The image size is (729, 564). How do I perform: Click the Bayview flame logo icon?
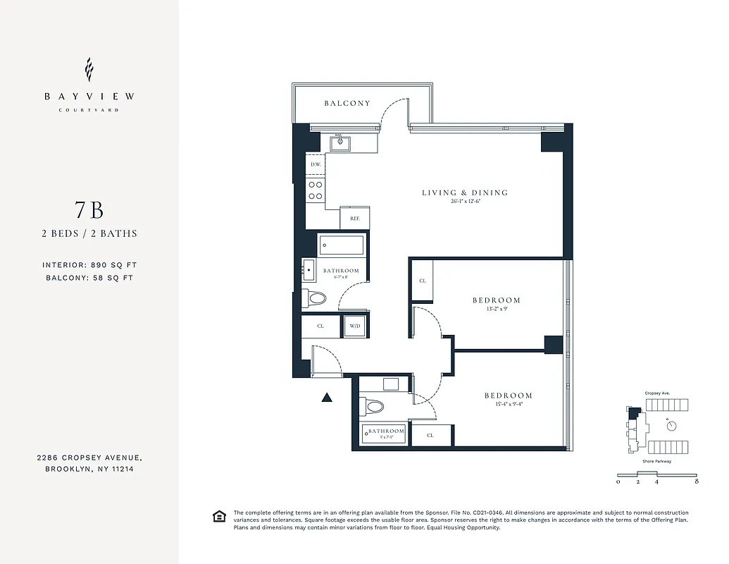89,70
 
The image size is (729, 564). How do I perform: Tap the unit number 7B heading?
89,210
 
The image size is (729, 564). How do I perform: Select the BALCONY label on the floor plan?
347,104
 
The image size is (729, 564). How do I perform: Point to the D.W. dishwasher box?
315,165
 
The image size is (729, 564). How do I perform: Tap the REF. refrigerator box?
355,219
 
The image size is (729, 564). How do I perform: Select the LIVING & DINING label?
465,192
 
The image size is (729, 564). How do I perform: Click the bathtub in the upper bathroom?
342,245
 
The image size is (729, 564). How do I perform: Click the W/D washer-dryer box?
355,326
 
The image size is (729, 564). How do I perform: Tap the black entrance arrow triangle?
327,398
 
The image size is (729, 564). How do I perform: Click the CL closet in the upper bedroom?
423,281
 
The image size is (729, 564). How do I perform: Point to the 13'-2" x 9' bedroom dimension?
496,309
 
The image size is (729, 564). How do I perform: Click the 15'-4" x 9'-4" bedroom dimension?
508,405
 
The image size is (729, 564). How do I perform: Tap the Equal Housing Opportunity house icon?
219,517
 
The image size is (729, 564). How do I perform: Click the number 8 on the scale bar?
696,482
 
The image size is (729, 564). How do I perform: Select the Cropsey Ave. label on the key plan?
656,393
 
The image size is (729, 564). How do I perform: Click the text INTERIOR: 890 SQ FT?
89,265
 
